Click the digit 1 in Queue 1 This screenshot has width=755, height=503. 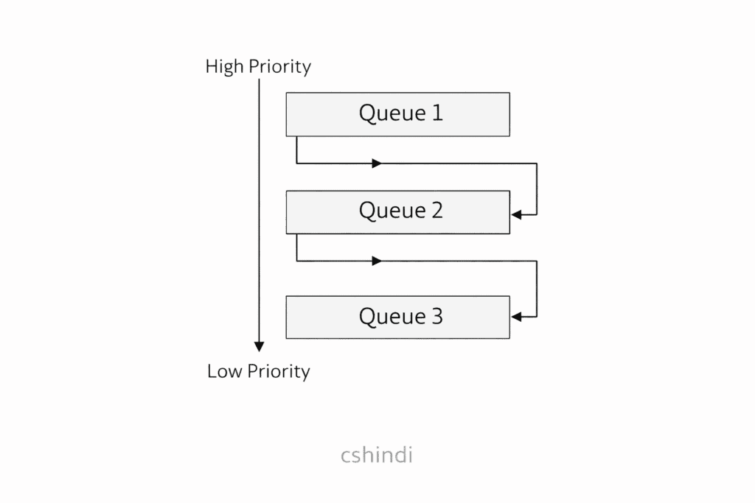(437, 113)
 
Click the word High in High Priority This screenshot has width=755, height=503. (224, 67)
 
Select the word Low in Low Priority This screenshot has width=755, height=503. (223, 371)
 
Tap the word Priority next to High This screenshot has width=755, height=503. (279, 67)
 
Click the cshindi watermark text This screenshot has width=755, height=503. (377, 455)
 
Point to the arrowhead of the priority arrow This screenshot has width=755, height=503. (259, 346)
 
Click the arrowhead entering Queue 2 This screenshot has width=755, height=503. (516, 214)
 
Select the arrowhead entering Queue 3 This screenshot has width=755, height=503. (516, 317)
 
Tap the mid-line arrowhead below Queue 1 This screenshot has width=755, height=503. (377, 163)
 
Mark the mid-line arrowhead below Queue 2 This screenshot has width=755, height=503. (377, 261)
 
